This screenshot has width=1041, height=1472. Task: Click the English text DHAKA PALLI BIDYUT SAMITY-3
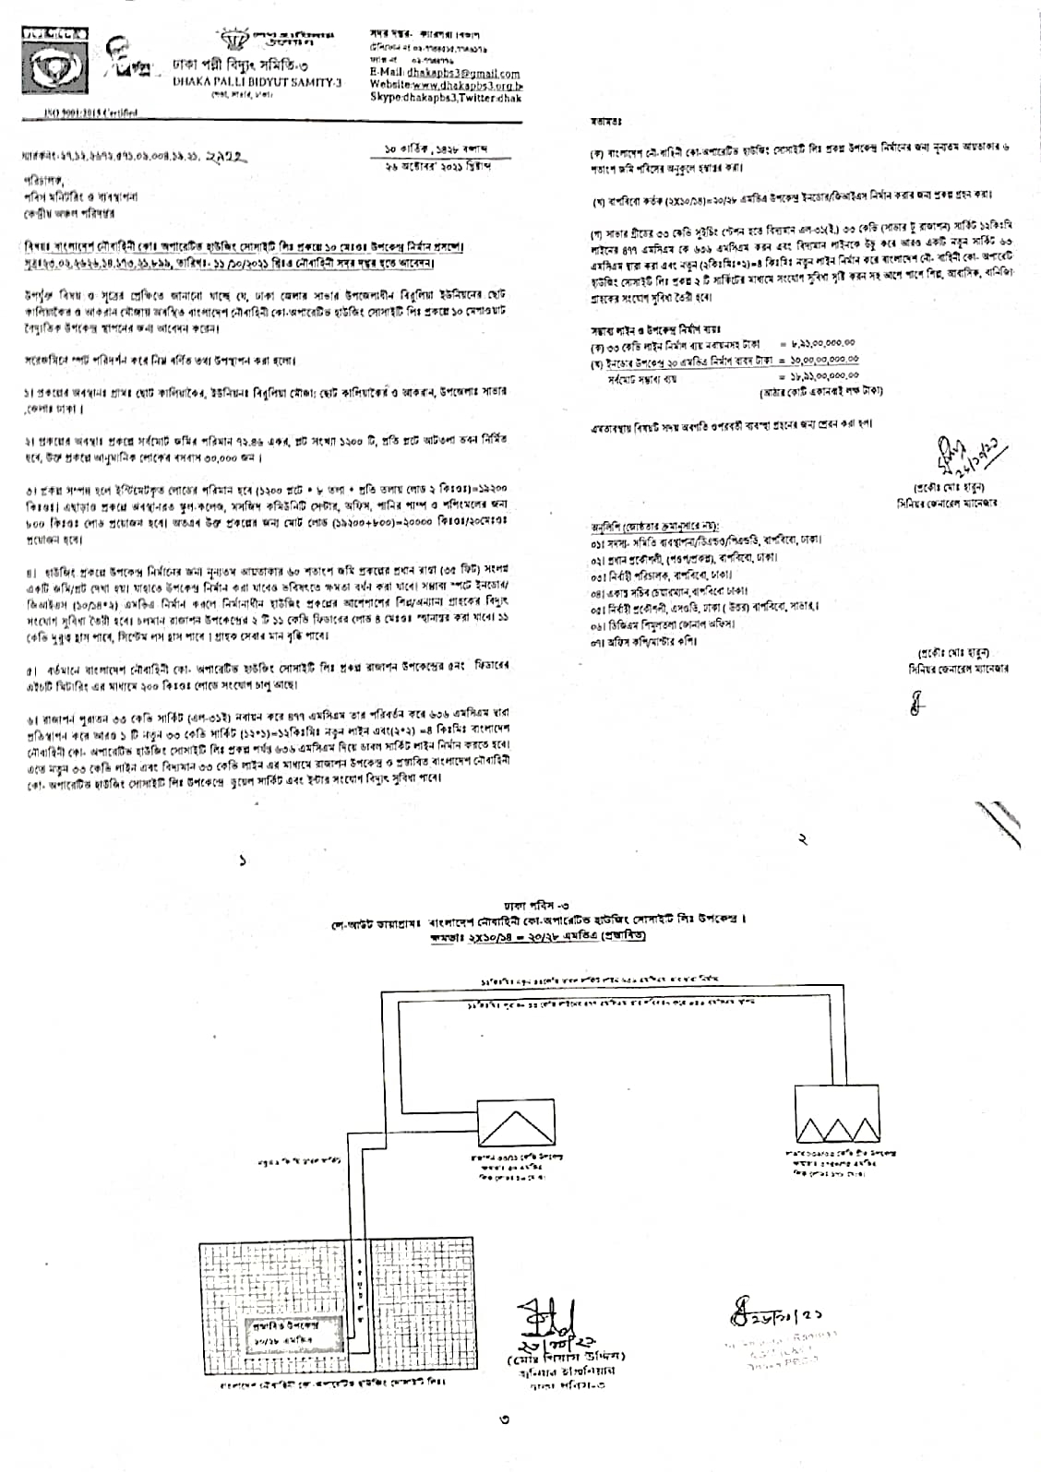coord(257,82)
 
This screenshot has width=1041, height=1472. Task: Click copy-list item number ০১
coord(706,540)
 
